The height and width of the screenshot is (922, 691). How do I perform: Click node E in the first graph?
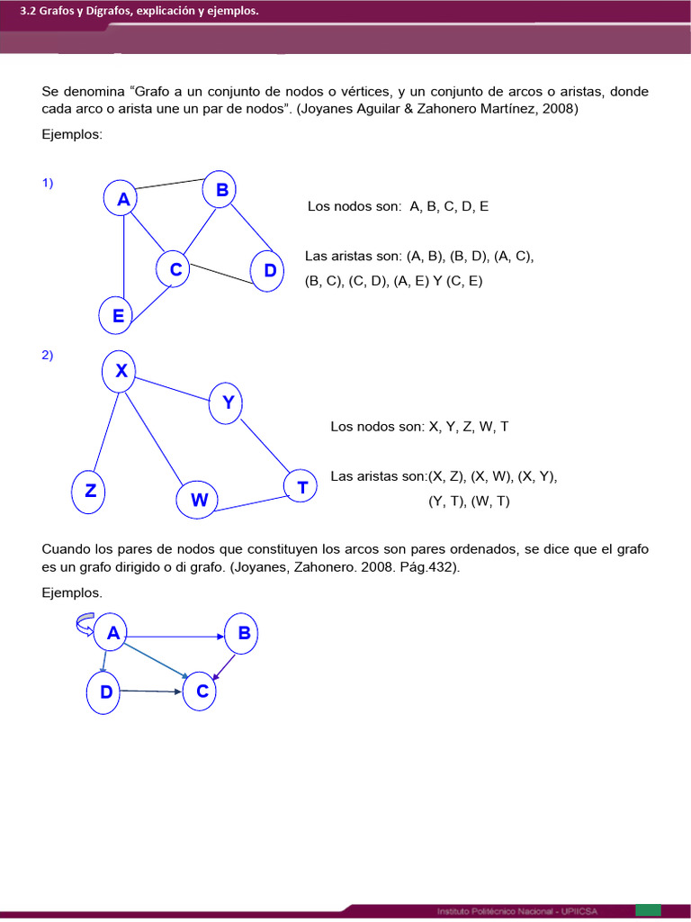point(119,315)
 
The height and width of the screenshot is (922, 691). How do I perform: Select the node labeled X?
point(121,371)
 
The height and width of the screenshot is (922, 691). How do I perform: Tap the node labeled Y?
point(228,402)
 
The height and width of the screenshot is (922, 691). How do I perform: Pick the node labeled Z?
point(90,492)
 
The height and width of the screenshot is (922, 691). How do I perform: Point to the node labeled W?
point(198,500)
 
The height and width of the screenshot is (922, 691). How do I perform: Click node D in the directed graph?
point(106,692)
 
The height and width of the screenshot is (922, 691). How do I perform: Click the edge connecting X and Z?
point(103,432)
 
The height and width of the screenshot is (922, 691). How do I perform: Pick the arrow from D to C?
point(151,691)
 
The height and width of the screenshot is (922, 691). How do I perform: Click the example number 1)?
point(48,183)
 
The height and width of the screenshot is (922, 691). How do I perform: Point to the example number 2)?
point(48,355)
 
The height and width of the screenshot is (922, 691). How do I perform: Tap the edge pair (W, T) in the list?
point(489,502)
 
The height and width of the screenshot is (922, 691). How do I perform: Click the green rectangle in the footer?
point(648,910)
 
